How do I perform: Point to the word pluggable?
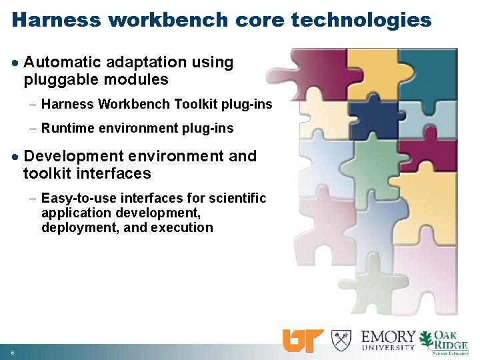56,80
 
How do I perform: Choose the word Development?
74,156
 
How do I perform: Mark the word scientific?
237,198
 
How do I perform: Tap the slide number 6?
13,351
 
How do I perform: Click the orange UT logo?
303,341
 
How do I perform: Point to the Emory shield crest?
341,340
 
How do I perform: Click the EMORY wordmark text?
388,336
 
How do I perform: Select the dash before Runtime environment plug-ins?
33,128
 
